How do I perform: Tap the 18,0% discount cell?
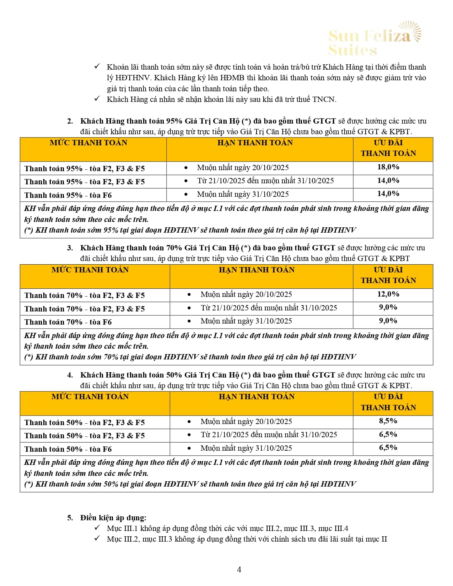click(388, 167)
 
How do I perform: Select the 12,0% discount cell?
click(388, 294)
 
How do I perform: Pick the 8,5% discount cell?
click(388, 421)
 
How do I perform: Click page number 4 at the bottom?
click(239, 570)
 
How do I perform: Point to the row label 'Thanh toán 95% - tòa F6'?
click(68, 195)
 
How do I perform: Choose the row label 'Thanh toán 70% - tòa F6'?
click(68, 322)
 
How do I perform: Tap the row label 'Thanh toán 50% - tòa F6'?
click(68, 449)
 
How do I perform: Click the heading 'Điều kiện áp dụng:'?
click(113, 518)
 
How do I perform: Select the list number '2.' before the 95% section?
click(70, 121)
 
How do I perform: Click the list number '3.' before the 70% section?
click(70, 248)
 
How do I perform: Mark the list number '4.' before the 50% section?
click(70, 375)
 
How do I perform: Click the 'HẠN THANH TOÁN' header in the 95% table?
click(255, 143)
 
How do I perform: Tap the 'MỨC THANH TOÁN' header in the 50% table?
click(90, 397)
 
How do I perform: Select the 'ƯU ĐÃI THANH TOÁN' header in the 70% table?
click(388, 275)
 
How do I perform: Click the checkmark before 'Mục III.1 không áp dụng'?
click(97, 528)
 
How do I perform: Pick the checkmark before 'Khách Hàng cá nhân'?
click(97, 99)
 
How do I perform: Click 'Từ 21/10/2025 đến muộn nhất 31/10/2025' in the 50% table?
click(269, 435)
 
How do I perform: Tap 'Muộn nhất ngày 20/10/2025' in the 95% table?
click(243, 168)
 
